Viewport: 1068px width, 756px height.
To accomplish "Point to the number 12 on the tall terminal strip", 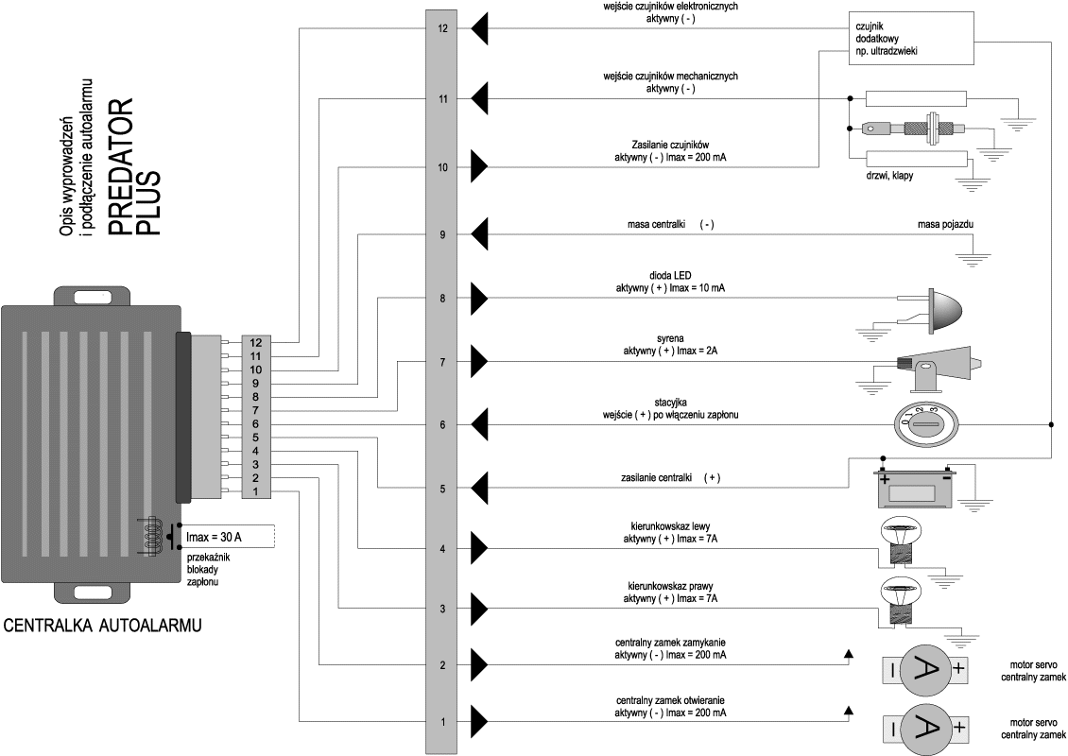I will coord(443,28).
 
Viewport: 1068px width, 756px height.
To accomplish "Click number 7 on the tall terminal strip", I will coord(443,362).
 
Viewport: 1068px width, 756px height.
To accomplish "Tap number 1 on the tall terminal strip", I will coord(443,723).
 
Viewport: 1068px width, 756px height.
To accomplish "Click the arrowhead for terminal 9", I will coord(478,235).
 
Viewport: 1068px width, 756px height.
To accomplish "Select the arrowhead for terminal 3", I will coord(478,609).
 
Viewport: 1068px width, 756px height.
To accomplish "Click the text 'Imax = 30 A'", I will coord(215,538).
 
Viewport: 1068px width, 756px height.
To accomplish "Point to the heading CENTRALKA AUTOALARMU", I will coord(103,626).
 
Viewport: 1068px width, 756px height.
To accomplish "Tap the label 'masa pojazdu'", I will coord(945,224).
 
